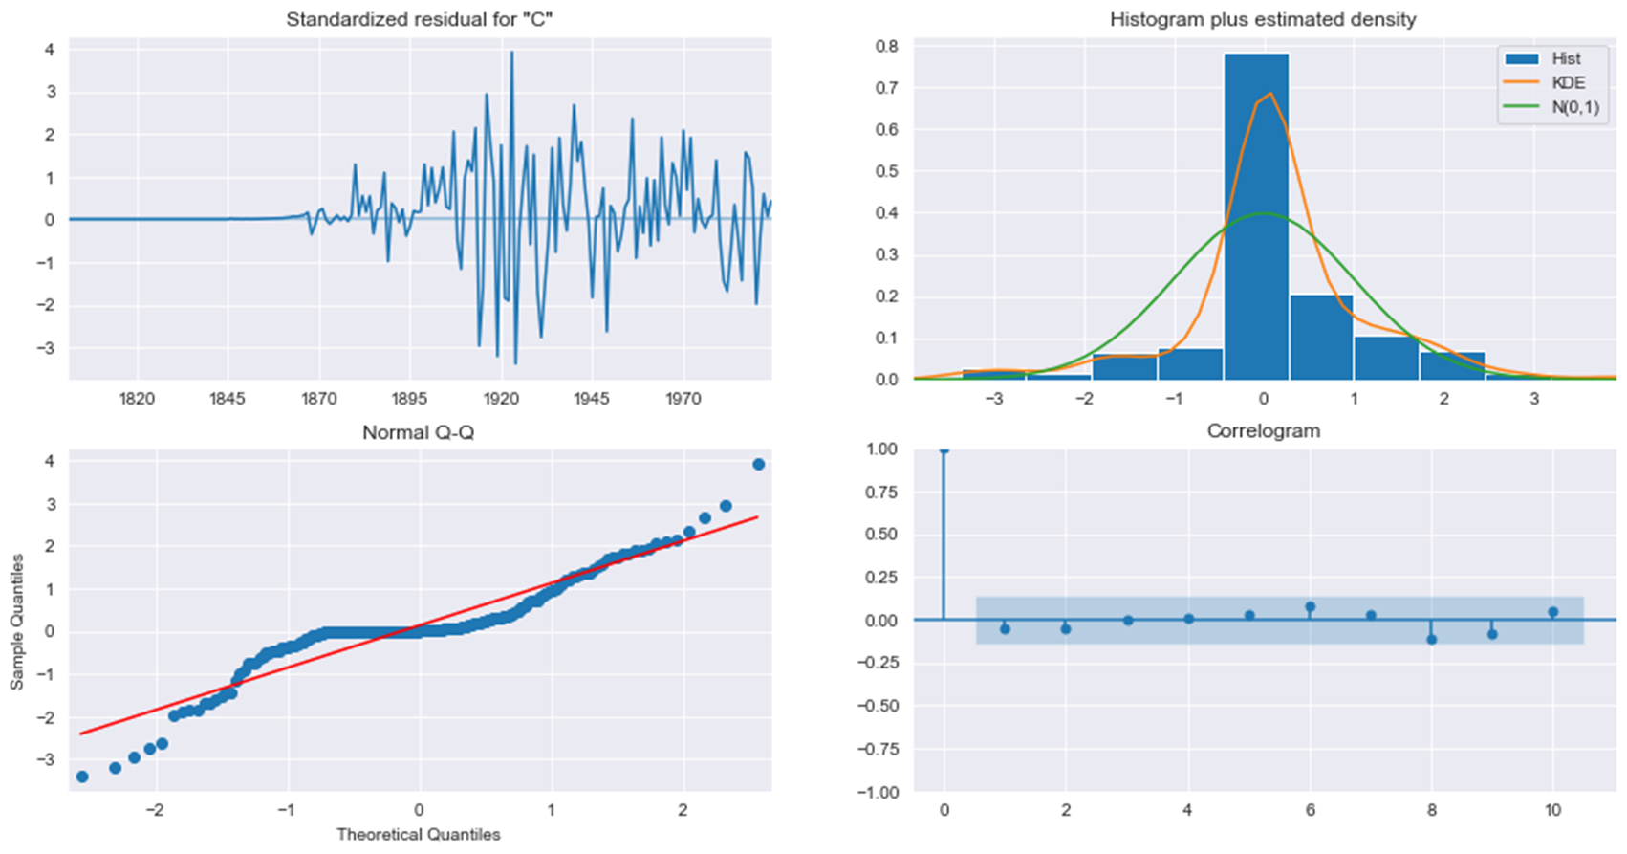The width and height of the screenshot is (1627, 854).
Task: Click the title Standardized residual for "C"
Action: coord(419,19)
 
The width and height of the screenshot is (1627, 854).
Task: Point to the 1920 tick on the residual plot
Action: coord(501,398)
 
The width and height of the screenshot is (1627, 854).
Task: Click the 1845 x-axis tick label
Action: coord(228,398)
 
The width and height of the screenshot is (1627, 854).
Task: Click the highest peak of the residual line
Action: coord(511,53)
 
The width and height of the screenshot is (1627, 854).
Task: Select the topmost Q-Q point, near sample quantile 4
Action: coord(758,464)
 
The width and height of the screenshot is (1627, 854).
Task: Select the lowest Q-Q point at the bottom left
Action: coord(82,777)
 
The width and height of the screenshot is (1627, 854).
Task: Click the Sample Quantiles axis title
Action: coord(16,621)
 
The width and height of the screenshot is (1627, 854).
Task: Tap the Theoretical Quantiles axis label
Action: coord(418,835)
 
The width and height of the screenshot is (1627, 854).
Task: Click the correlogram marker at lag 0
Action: coord(944,449)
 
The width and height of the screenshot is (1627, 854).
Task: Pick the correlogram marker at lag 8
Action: coord(1431,639)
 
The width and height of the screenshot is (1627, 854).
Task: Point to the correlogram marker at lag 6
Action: coord(1310,607)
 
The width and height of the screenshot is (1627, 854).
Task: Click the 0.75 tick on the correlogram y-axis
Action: coord(884,492)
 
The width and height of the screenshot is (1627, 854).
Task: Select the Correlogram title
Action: coord(1263,431)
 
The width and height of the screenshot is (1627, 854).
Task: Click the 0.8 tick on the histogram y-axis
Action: coord(886,46)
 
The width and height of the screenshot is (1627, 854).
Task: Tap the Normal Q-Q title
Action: coord(418,432)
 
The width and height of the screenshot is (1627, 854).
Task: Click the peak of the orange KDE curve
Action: coord(1269,94)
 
